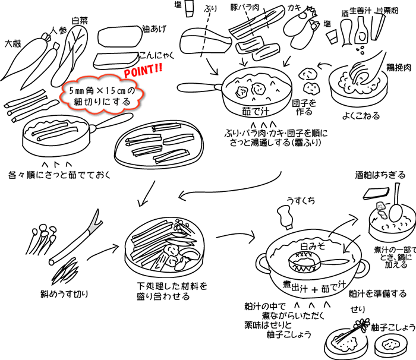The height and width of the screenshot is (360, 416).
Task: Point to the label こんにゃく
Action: (155, 55)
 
